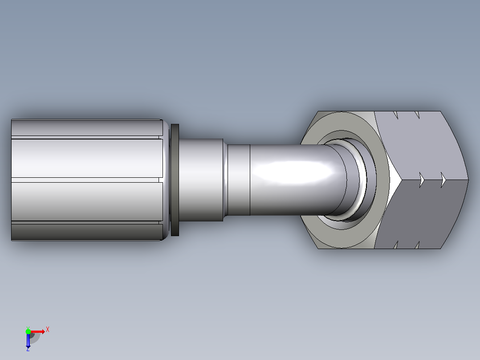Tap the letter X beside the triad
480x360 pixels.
[48, 330]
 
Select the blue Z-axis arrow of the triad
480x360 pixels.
[28, 340]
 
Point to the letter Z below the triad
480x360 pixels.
[28, 349]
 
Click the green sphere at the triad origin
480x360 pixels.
[28, 331]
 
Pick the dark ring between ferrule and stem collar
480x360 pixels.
[175, 180]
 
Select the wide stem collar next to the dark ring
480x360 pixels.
[201, 180]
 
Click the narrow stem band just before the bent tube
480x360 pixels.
[239, 180]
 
